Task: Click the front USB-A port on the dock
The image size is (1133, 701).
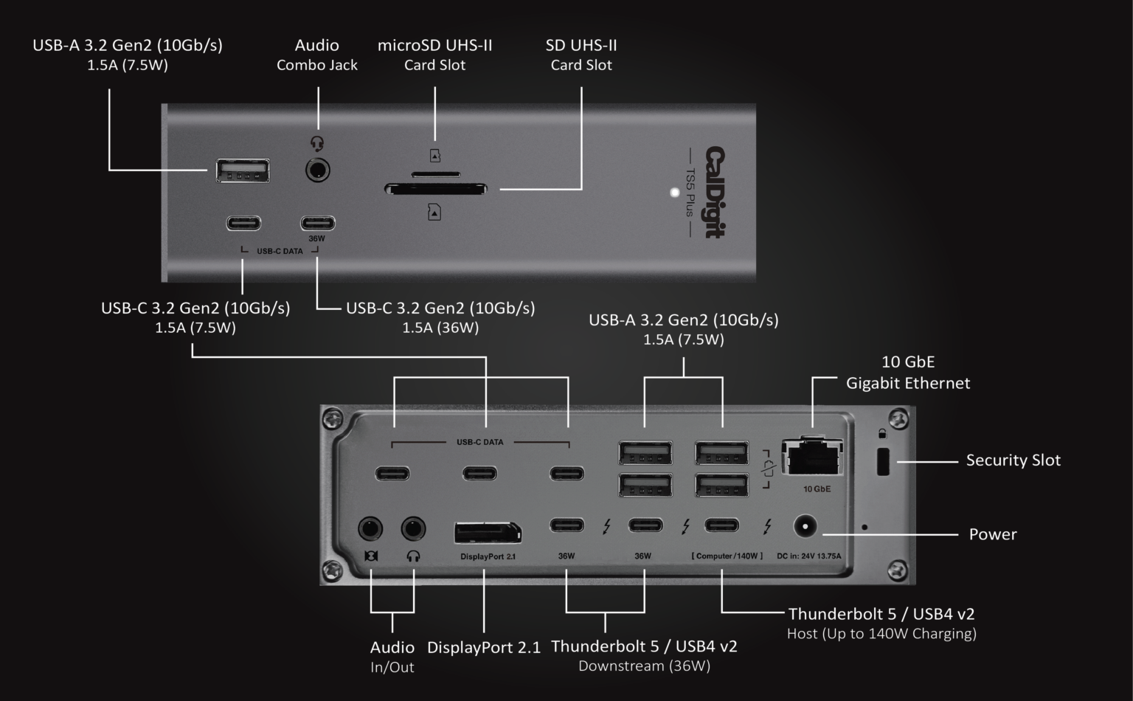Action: pyautogui.click(x=242, y=170)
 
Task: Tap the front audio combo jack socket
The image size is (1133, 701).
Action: pyautogui.click(x=317, y=170)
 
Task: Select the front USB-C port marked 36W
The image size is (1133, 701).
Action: pyautogui.click(x=317, y=223)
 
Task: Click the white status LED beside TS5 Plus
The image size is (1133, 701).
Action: pyautogui.click(x=674, y=193)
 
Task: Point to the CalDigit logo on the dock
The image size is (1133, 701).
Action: pyautogui.click(x=715, y=192)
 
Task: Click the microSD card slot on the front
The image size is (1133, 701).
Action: pyautogui.click(x=435, y=175)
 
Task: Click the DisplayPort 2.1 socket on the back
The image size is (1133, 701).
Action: pyautogui.click(x=488, y=532)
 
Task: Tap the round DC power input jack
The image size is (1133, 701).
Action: pyautogui.click(x=805, y=527)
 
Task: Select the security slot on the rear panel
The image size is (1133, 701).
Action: pyautogui.click(x=882, y=462)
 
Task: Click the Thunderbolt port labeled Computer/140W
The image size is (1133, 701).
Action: pyautogui.click(x=721, y=525)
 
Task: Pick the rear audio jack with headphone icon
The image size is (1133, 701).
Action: pyautogui.click(x=413, y=528)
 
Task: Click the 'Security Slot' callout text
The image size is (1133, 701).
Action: pyautogui.click(x=1013, y=460)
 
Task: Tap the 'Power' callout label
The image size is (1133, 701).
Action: pyautogui.click(x=992, y=534)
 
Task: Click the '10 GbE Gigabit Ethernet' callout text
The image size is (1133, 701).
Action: pyautogui.click(x=907, y=373)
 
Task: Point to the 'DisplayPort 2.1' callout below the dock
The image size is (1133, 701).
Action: pyautogui.click(x=483, y=648)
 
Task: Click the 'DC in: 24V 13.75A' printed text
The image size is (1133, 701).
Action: pyautogui.click(x=808, y=556)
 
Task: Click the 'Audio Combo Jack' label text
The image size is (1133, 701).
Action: pyautogui.click(x=317, y=55)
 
